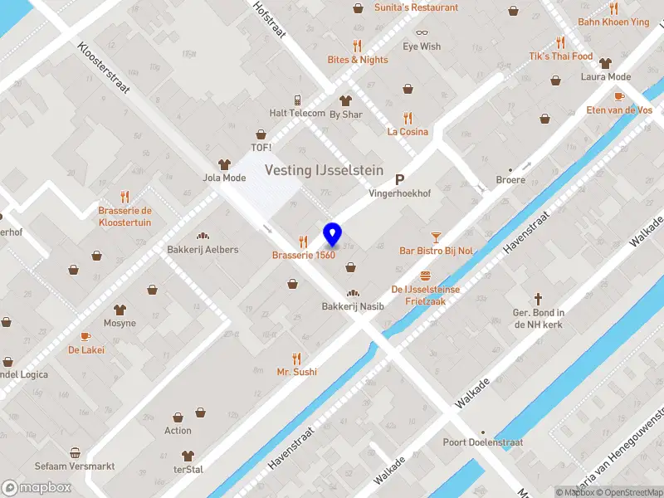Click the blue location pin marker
tap(332, 235)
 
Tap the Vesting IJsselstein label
tap(324, 170)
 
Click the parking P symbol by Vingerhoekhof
tap(399, 179)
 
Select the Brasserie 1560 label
tap(304, 255)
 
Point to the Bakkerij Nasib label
tap(353, 306)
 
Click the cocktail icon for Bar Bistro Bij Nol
tap(436, 237)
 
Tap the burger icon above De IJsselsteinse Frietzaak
tap(425, 276)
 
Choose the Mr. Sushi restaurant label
tap(296, 372)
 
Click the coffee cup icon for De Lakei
tap(85, 336)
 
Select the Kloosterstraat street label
tap(104, 69)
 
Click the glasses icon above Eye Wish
tap(422, 32)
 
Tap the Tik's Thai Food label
tap(560, 56)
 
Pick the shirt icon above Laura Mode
tap(605, 62)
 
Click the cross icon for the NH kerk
tap(538, 298)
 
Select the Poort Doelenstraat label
tap(483, 442)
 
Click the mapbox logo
tap(37, 488)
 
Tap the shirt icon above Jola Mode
tap(223, 164)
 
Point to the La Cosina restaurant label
tap(408, 132)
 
